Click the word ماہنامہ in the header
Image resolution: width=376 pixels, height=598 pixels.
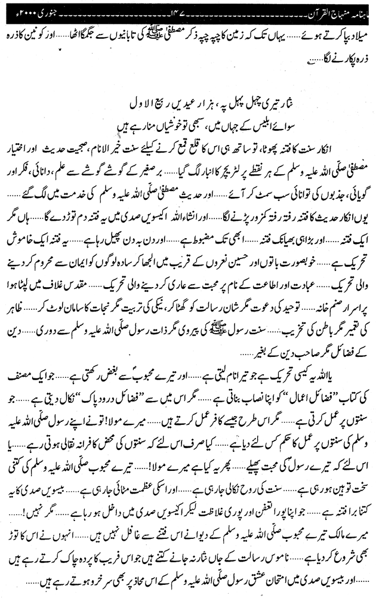21,10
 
